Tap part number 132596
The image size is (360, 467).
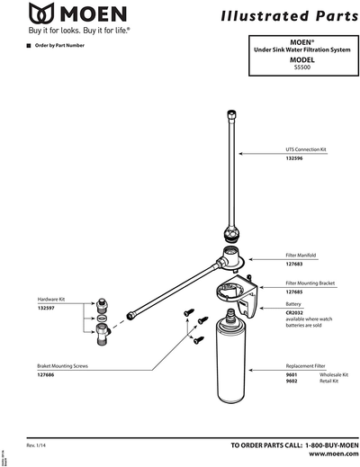(x=294, y=158)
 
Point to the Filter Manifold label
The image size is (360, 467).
(x=301, y=256)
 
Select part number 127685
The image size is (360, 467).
(x=294, y=292)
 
